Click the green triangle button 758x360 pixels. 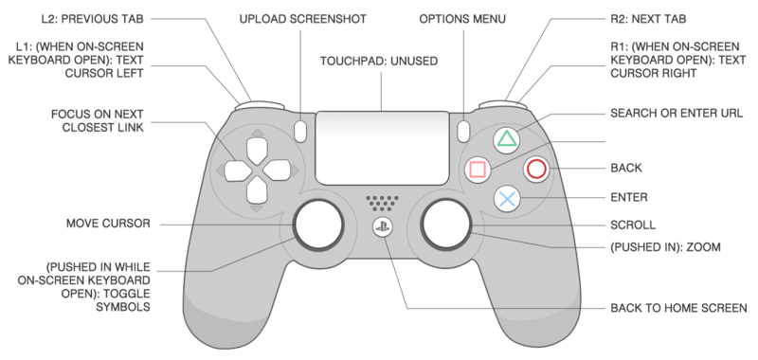coord(508,141)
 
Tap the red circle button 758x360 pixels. coord(537,170)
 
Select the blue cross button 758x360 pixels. coord(508,198)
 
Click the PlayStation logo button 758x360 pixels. coord(380,229)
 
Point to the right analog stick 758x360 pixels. coord(445,224)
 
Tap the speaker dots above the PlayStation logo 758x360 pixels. coord(380,203)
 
